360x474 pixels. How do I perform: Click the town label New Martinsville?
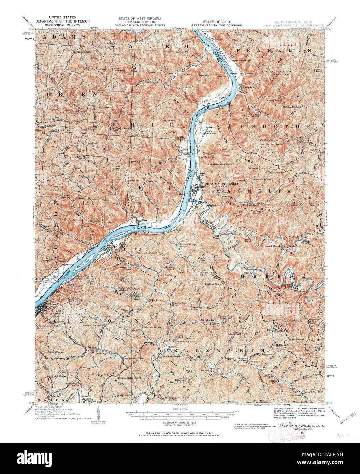217,184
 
